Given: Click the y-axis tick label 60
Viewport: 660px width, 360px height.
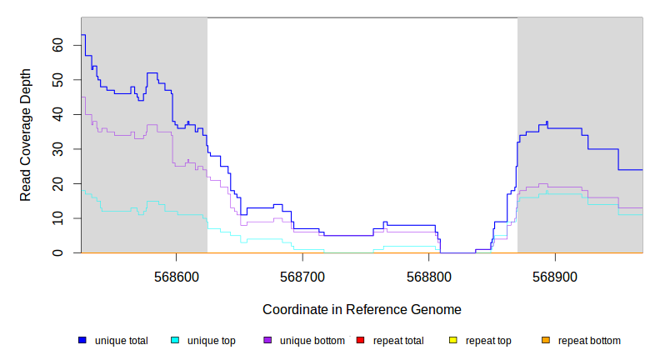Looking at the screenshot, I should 57,45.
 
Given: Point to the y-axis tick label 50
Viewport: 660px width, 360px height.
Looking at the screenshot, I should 57,80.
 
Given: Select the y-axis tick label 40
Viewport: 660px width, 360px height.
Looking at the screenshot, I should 57,114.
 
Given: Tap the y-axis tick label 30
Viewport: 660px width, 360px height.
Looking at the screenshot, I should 57,149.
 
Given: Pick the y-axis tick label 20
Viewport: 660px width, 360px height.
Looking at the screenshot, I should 57,183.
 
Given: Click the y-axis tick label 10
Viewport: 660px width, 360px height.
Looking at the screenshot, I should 57,218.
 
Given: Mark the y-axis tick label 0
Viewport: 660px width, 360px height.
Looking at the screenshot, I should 61,252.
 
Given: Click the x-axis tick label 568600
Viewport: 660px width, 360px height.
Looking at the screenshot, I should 176,276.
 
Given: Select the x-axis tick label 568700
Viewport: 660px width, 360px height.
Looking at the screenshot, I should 302,276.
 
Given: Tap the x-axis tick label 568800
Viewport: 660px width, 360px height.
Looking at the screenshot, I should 428,276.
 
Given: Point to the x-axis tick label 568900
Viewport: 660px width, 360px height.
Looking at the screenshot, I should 555,276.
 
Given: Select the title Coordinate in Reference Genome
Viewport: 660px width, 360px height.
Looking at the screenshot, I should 362,309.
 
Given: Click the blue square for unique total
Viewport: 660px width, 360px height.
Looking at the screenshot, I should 82,340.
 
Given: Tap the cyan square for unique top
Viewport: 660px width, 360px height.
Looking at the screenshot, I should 175,340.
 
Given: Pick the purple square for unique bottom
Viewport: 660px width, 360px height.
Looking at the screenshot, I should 267,340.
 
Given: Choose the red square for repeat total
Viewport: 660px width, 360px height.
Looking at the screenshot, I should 360,340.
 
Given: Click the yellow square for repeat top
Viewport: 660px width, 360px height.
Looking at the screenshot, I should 453,340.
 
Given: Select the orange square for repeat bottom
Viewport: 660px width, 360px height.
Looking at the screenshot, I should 546,340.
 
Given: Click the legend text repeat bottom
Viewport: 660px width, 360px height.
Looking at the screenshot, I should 589,341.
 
